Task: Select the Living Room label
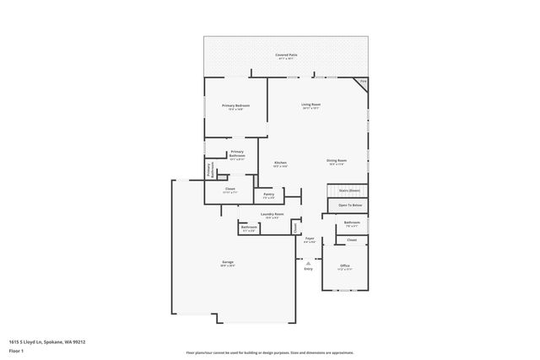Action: click(310, 105)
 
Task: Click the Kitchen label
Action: click(280, 164)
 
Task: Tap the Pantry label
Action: click(268, 196)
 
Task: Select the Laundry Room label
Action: click(273, 215)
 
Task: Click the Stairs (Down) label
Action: click(350, 191)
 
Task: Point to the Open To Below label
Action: click(350, 205)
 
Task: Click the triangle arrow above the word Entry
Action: click(308, 262)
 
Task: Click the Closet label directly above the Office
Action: click(352, 240)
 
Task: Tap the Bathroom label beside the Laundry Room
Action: click(249, 228)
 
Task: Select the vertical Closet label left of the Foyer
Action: click(294, 228)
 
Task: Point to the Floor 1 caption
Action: click(16, 349)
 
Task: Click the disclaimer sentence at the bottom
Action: click(270, 352)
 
